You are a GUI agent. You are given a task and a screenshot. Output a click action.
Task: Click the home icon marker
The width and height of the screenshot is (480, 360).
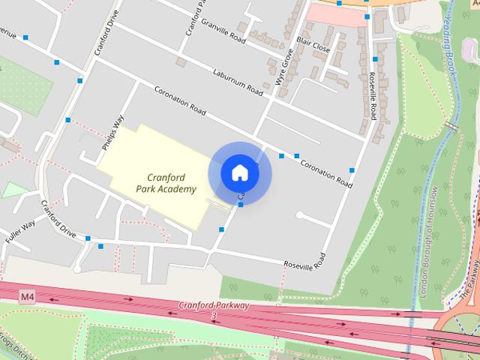pos(240,172)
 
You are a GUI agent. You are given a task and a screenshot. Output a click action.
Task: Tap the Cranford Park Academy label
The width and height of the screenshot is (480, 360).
pos(166,183)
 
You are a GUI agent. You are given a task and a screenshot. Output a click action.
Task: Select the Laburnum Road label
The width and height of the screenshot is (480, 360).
pos(238,81)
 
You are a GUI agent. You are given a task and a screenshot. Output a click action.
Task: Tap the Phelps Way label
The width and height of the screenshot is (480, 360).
pos(117,132)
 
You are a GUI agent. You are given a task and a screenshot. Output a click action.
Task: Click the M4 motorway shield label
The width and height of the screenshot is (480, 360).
pos(28,298)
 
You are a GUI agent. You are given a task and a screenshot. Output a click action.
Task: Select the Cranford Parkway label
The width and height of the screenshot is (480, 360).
pos(213,306)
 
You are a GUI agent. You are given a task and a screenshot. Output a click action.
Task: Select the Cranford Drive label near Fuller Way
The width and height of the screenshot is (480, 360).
pos(59,218)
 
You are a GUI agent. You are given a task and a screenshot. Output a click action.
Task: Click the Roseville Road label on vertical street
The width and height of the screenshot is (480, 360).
pos(373,96)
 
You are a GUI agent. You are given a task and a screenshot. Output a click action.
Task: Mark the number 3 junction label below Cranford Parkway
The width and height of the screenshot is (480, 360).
pos(214,316)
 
